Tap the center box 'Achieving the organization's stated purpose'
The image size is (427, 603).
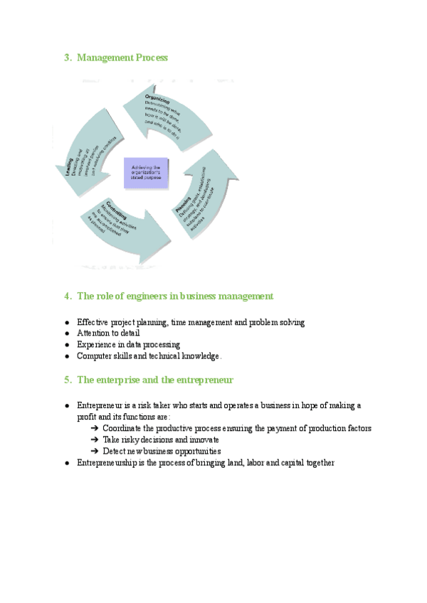[x=146, y=173]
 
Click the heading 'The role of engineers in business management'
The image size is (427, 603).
[x=174, y=296]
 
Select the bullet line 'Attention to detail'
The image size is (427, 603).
[x=108, y=333]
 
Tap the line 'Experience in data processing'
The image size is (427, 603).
[x=128, y=344]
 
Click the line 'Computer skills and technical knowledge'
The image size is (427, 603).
[x=149, y=356]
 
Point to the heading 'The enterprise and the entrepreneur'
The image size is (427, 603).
[x=155, y=380]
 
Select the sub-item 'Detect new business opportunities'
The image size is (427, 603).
[x=162, y=451]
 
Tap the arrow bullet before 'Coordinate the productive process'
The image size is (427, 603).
[x=95, y=428]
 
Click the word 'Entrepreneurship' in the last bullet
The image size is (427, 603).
[x=107, y=462]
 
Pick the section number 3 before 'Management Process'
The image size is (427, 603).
[x=67, y=58]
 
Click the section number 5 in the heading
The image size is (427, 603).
[x=67, y=380]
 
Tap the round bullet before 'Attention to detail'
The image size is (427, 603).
[x=66, y=333]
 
